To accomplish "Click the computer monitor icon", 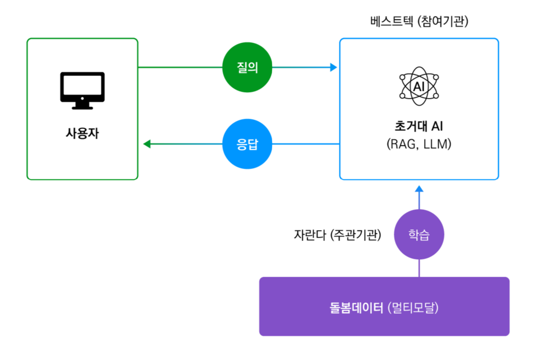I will [x=82, y=89].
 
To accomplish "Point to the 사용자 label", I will [x=82, y=134].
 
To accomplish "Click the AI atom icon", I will [x=419, y=87].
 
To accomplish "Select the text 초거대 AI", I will [x=419, y=125].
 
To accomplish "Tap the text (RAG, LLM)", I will [x=419, y=144].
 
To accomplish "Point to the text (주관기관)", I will [x=355, y=235].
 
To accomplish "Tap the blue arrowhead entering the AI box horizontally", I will [x=334, y=67].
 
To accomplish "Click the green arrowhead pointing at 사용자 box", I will [x=147, y=144].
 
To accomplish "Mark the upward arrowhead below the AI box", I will [x=418, y=190].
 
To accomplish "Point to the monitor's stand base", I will [x=82, y=107].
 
